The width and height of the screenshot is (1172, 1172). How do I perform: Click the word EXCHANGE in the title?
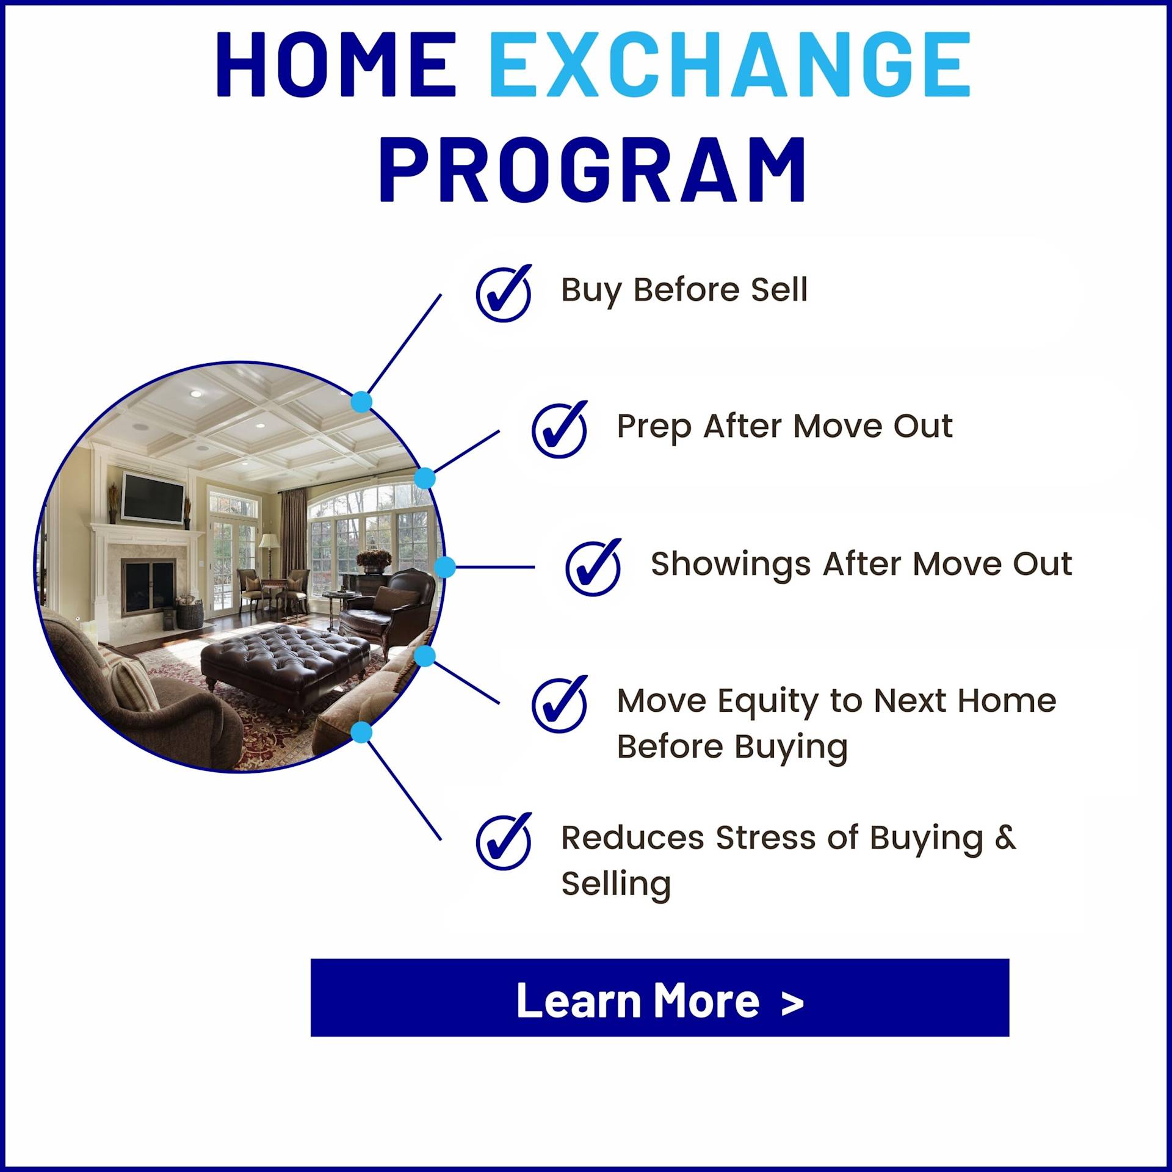[730, 64]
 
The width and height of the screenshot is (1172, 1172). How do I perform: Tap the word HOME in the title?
[336, 64]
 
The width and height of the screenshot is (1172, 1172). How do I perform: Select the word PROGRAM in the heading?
[593, 170]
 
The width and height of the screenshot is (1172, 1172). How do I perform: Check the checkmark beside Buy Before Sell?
[504, 294]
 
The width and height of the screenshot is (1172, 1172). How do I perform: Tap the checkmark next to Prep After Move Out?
[560, 430]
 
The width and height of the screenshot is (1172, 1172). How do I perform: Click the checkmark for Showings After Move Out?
[593, 568]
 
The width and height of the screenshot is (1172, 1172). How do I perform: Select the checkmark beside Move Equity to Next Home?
[560, 705]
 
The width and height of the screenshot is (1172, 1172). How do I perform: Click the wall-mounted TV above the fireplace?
[153, 497]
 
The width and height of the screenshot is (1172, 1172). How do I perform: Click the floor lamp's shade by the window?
[269, 541]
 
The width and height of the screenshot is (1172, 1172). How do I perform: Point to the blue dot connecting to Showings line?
[445, 567]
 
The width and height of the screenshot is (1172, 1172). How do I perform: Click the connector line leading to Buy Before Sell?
[405, 343]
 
